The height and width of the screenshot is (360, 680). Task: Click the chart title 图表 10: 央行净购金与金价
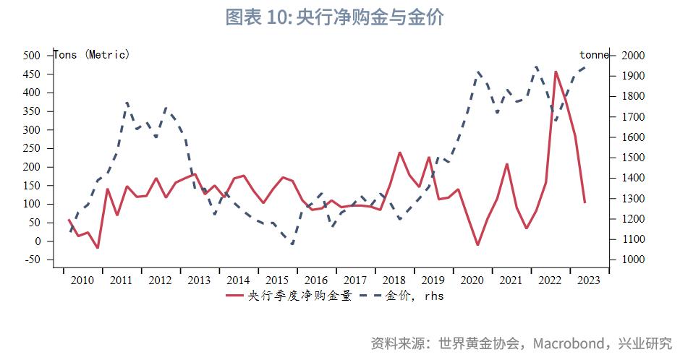pos(334,17)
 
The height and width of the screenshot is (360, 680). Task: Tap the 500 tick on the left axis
pos(32,56)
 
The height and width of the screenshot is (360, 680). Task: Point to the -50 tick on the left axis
pos(32,260)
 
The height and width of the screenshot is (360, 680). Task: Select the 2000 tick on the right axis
pos(630,56)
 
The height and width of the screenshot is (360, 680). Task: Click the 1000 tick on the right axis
pos(630,260)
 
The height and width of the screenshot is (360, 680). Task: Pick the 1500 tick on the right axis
pos(630,158)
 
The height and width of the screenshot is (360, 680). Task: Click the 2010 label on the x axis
pos(82,280)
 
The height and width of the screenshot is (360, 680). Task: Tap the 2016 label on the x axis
pos(316,280)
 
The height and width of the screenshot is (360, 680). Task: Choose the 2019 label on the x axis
pos(433,280)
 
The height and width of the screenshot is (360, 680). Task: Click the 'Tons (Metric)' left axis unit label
pos(92,55)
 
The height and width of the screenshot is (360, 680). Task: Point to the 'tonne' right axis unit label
pos(594,55)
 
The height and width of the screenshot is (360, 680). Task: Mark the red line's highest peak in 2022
pos(556,72)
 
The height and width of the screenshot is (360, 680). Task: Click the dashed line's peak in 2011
pos(127,103)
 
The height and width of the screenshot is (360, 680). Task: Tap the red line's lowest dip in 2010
pos(98,248)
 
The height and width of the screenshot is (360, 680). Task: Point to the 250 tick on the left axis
pos(32,148)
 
